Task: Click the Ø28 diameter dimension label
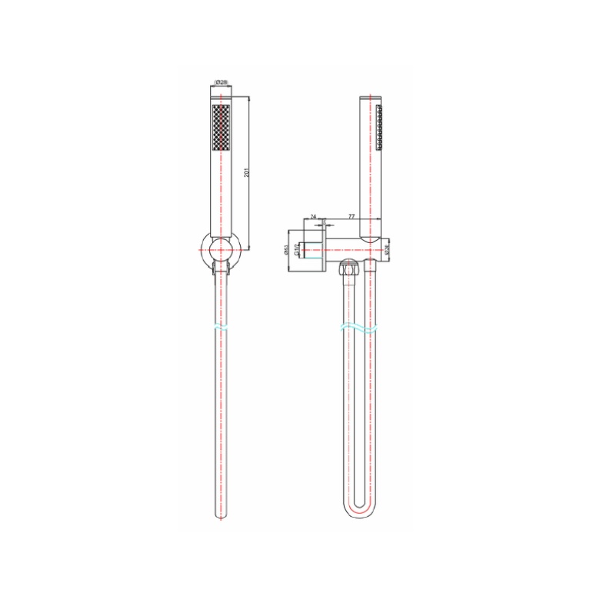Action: point(220,83)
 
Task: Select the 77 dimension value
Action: point(352,218)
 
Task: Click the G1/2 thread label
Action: point(297,249)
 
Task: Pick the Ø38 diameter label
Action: point(388,249)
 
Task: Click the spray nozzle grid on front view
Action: point(219,128)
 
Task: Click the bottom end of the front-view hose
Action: point(221,516)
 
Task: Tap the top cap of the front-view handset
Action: point(221,98)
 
